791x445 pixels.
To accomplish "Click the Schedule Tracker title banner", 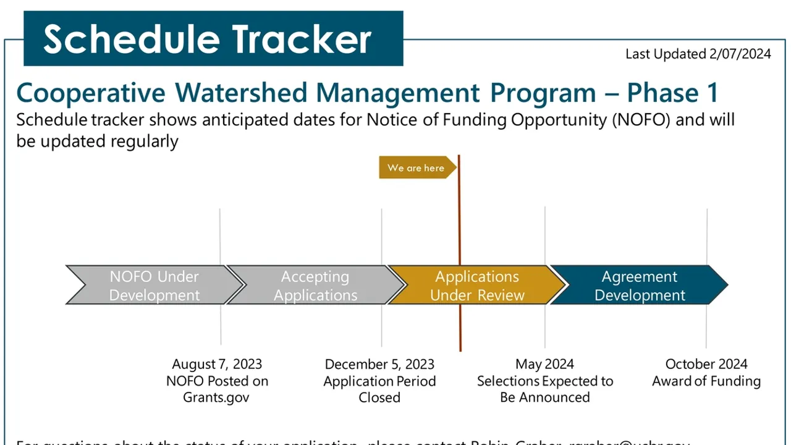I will pyautogui.click(x=213, y=38).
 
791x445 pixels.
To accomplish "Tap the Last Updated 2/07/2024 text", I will pyautogui.click(x=698, y=54).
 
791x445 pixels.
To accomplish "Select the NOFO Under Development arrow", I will pyautogui.click(x=154, y=286).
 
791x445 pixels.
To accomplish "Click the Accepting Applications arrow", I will pyautogui.click(x=315, y=286).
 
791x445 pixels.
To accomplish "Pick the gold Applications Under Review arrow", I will pyautogui.click(x=476, y=286).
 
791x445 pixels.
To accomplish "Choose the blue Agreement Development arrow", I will pyautogui.click(x=639, y=286).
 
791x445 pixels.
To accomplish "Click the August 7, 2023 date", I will pyautogui.click(x=217, y=364).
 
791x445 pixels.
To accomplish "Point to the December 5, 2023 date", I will pyautogui.click(x=379, y=364).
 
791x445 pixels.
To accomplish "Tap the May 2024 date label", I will pyautogui.click(x=544, y=364).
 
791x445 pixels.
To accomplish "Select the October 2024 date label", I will pyautogui.click(x=706, y=364).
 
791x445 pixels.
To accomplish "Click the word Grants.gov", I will pyautogui.click(x=216, y=397).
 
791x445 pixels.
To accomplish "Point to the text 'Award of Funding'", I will pyautogui.click(x=706, y=381).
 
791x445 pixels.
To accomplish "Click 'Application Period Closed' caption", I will pyautogui.click(x=379, y=389).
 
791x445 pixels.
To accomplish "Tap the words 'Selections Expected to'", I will pyautogui.click(x=544, y=381).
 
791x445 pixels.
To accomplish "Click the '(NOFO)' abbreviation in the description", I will pyautogui.click(x=640, y=119).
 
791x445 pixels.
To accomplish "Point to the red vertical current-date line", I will pyautogui.click(x=459, y=321).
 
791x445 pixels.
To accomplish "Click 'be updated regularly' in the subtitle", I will pyautogui.click(x=97, y=141).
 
